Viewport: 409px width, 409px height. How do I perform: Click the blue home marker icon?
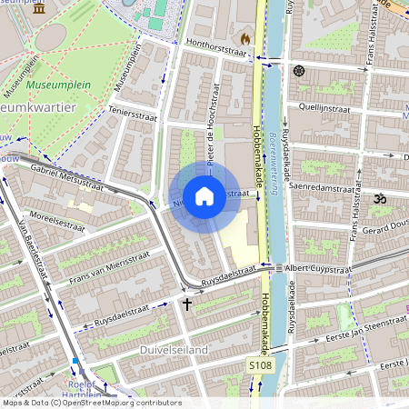(204, 195)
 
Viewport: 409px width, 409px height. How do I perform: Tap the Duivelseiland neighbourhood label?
(148, 349)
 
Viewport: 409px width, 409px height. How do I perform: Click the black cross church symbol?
(187, 304)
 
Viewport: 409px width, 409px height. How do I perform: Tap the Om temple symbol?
(380, 197)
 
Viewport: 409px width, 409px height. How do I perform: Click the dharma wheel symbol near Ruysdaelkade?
(298, 70)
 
